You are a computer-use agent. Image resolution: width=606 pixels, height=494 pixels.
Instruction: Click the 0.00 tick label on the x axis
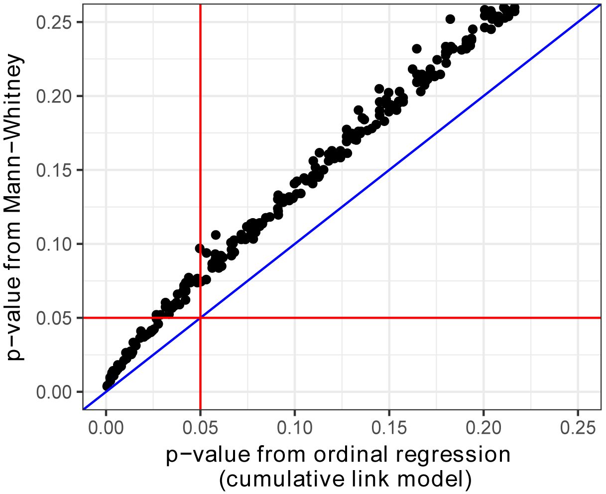(x=106, y=427)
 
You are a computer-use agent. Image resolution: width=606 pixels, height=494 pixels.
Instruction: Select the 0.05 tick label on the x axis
(x=200, y=427)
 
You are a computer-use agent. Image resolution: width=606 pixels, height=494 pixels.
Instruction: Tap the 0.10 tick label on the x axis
(x=294, y=427)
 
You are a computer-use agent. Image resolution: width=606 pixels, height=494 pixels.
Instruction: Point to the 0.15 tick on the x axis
(x=389, y=427)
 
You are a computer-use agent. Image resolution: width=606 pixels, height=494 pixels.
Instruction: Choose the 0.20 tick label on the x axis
(x=483, y=427)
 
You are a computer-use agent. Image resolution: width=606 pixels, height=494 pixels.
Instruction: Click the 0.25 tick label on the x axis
(x=578, y=427)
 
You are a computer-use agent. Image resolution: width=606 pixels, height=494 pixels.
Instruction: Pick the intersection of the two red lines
(x=200, y=318)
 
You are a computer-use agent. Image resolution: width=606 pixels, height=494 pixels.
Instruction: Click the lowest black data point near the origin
(x=107, y=386)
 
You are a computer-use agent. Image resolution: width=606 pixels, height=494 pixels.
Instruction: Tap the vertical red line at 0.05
(x=200, y=149)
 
